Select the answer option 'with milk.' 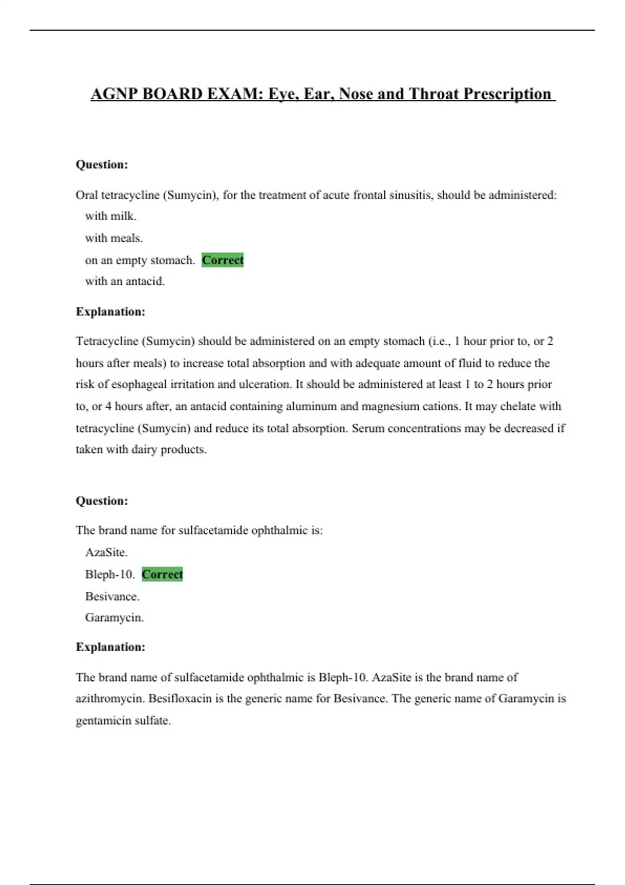tap(111, 216)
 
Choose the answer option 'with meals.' tap(114, 238)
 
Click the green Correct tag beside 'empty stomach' tap(222, 260)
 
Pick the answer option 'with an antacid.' tap(125, 281)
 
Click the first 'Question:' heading tap(102, 165)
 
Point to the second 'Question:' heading tap(102, 501)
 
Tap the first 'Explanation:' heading tap(110, 312)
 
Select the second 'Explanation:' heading tap(110, 647)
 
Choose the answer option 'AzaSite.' tap(106, 552)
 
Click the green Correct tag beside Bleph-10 tap(162, 574)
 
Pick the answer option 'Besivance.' tap(113, 596)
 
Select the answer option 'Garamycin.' tap(115, 617)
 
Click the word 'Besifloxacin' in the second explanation tap(180, 699)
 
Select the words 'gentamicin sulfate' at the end tap(123, 721)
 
